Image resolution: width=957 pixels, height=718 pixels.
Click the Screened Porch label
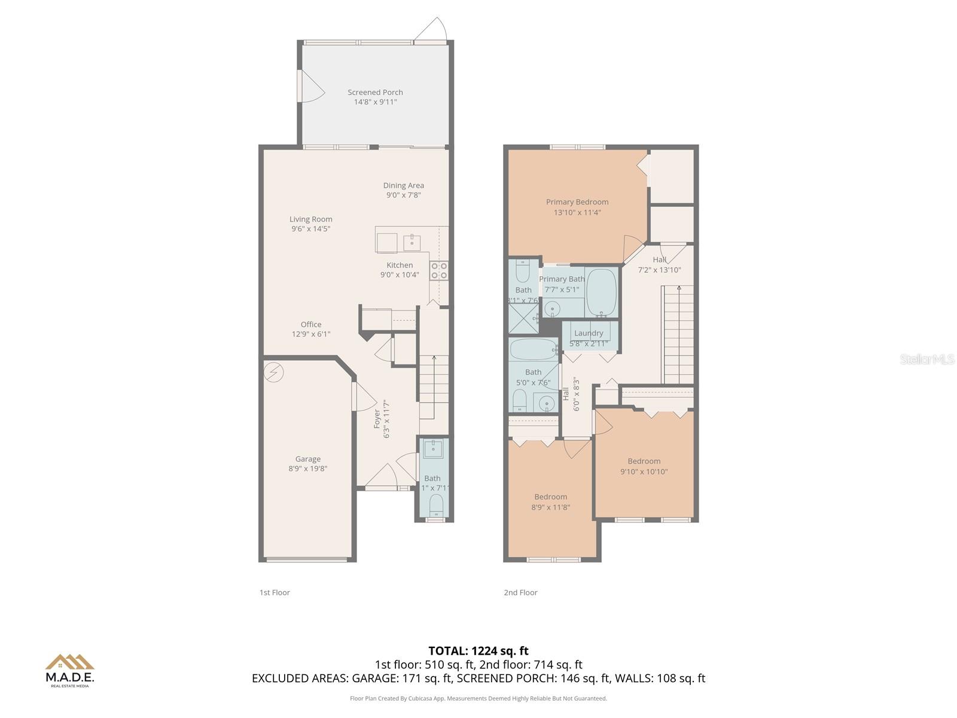pos(375,92)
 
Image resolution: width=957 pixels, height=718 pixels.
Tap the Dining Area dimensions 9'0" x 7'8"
pos(403,195)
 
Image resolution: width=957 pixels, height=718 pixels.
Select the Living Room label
pos(310,219)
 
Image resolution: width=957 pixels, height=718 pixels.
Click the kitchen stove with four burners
pos(439,270)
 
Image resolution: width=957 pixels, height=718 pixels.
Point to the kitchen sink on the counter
pos(412,242)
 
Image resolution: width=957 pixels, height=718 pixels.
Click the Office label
pos(310,324)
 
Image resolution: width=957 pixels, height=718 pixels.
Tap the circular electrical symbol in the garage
pos(274,373)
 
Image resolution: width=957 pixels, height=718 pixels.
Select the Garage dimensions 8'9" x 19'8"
pos(307,468)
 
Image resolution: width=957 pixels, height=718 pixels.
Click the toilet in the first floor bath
pos(436,505)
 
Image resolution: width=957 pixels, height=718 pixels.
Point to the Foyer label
pos(377,418)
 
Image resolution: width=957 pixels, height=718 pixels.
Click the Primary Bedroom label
pos(577,202)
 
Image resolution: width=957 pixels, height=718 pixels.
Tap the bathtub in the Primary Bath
pos(601,292)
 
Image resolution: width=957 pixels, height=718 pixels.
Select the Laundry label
pos(589,333)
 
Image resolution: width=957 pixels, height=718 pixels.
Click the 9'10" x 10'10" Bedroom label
pos(644,461)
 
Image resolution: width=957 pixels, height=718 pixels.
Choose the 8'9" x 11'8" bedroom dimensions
pos(550,507)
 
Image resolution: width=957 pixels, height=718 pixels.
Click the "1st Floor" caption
pos(275,592)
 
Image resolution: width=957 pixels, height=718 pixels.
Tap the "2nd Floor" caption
pos(520,592)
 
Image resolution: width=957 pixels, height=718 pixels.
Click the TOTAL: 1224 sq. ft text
pos(478,651)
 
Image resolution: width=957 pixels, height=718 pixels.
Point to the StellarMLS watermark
pos(926,359)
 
